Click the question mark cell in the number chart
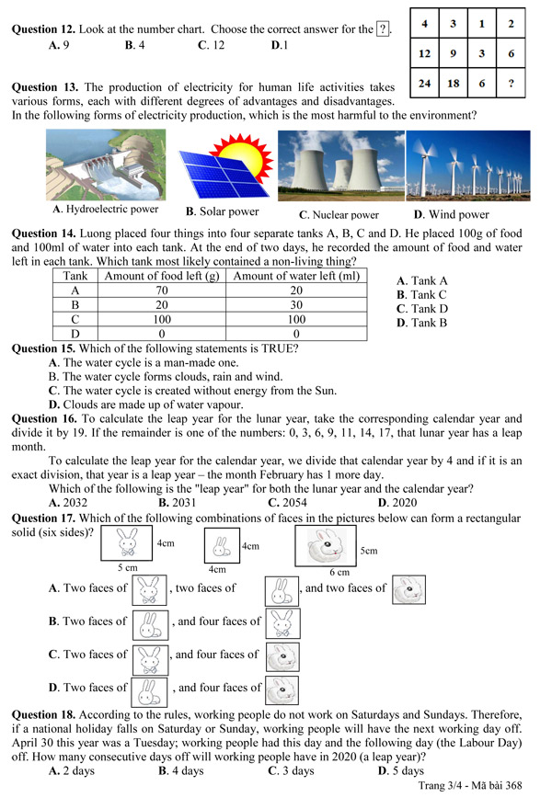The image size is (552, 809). click(x=511, y=83)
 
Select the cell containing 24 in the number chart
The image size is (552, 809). click(x=424, y=83)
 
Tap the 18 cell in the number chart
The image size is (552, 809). click(x=454, y=83)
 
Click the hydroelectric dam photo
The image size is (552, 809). click(x=106, y=165)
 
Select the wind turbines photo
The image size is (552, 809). click(x=468, y=165)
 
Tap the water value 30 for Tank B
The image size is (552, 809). click(x=296, y=304)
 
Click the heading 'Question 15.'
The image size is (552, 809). click(x=42, y=349)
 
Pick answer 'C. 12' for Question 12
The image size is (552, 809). click(x=217, y=44)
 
